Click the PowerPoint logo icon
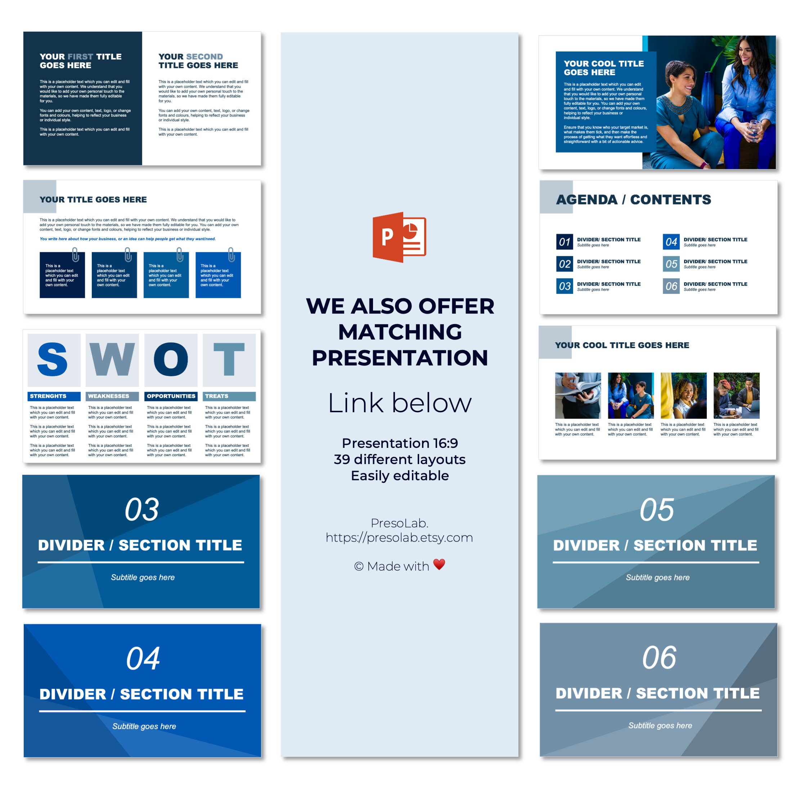coord(399,237)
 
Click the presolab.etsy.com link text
coord(399,538)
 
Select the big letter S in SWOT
coord(53,359)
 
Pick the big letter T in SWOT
coord(229,359)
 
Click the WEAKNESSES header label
coord(108,396)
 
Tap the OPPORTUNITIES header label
coord(171,396)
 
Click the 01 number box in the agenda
coord(565,242)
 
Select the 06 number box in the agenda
coord(671,286)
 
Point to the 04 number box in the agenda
coord(671,242)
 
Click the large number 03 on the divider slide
coord(141,510)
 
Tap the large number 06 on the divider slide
coord(659,658)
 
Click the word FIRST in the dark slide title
coord(80,57)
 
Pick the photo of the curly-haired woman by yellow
coord(683,395)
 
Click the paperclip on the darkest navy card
coord(75,255)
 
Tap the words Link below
coord(400,403)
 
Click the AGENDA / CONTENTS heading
coord(633,199)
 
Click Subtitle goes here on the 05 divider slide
coord(657,577)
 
